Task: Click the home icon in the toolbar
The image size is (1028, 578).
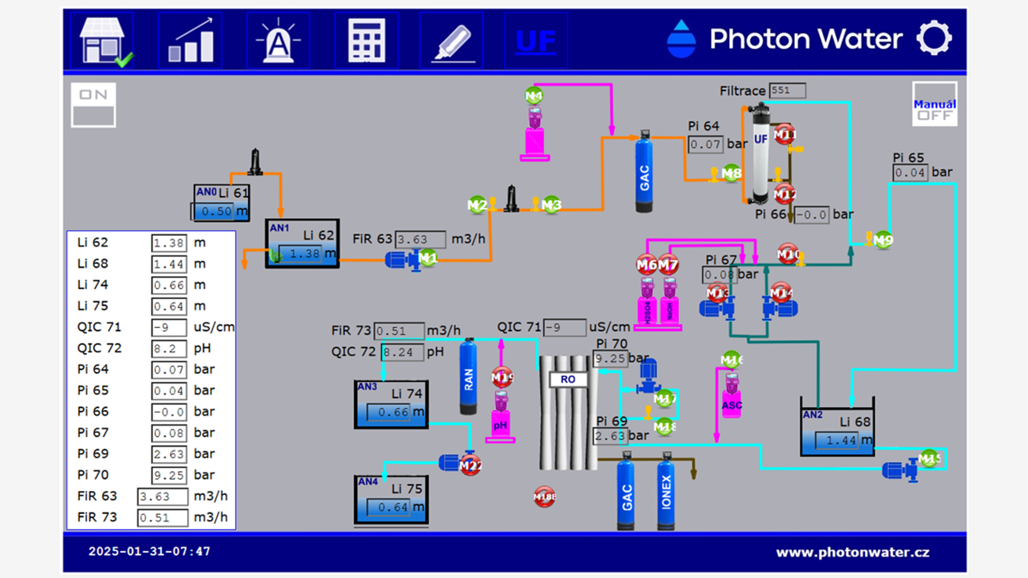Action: click(x=103, y=41)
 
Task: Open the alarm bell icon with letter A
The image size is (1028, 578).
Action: click(x=278, y=41)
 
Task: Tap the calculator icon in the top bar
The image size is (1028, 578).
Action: click(x=366, y=41)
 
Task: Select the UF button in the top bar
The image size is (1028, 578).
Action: click(x=535, y=41)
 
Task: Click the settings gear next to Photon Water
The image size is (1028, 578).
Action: click(x=934, y=38)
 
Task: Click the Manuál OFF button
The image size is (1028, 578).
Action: click(x=934, y=104)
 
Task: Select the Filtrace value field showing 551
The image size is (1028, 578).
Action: click(x=787, y=90)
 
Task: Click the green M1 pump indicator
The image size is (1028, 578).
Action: click(x=428, y=258)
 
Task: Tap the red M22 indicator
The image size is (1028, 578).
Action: click(x=471, y=466)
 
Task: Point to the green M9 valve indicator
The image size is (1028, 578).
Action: click(x=883, y=240)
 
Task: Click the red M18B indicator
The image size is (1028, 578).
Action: click(x=545, y=497)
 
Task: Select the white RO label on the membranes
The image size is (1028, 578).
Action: click(x=568, y=379)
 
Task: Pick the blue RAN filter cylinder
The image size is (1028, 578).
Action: click(x=468, y=377)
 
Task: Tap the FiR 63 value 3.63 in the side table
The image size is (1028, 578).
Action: click(x=162, y=497)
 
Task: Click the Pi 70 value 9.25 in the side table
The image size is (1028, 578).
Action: click(x=169, y=475)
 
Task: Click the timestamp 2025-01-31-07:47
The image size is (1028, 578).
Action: click(x=149, y=551)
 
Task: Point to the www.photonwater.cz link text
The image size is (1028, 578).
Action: click(x=852, y=552)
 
